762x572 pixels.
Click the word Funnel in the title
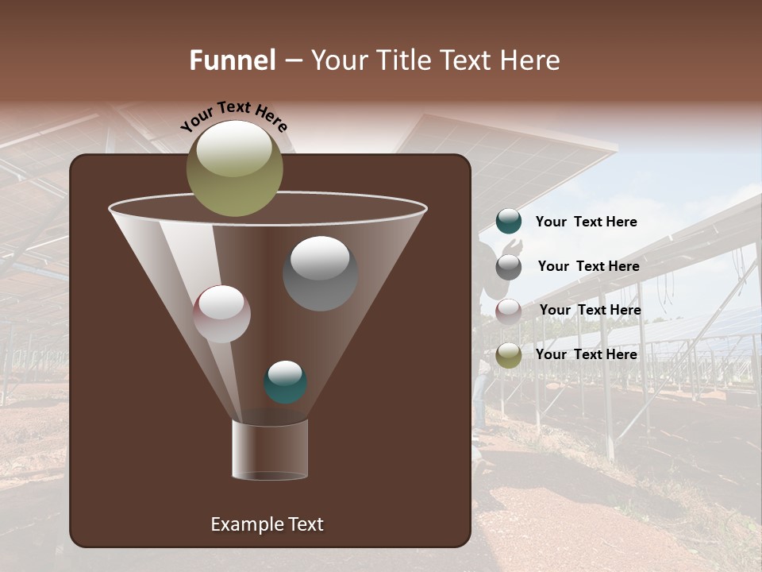point(233,60)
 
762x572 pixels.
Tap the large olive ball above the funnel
point(235,168)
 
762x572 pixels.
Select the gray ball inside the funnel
point(321,274)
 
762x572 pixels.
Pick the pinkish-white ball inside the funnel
point(222,315)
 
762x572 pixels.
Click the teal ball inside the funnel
point(285,382)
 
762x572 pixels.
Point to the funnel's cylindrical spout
point(270,450)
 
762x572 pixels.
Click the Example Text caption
point(267,524)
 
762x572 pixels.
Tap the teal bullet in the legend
point(509,222)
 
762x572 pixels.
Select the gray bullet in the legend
point(509,267)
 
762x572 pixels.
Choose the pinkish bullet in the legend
point(509,311)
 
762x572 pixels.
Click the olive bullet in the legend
point(509,355)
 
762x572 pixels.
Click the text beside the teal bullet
point(586,222)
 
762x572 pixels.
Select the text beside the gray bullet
point(588,267)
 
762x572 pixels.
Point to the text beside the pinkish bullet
point(590,310)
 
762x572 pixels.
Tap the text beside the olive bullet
point(586,354)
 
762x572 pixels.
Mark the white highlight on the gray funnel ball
point(321,258)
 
